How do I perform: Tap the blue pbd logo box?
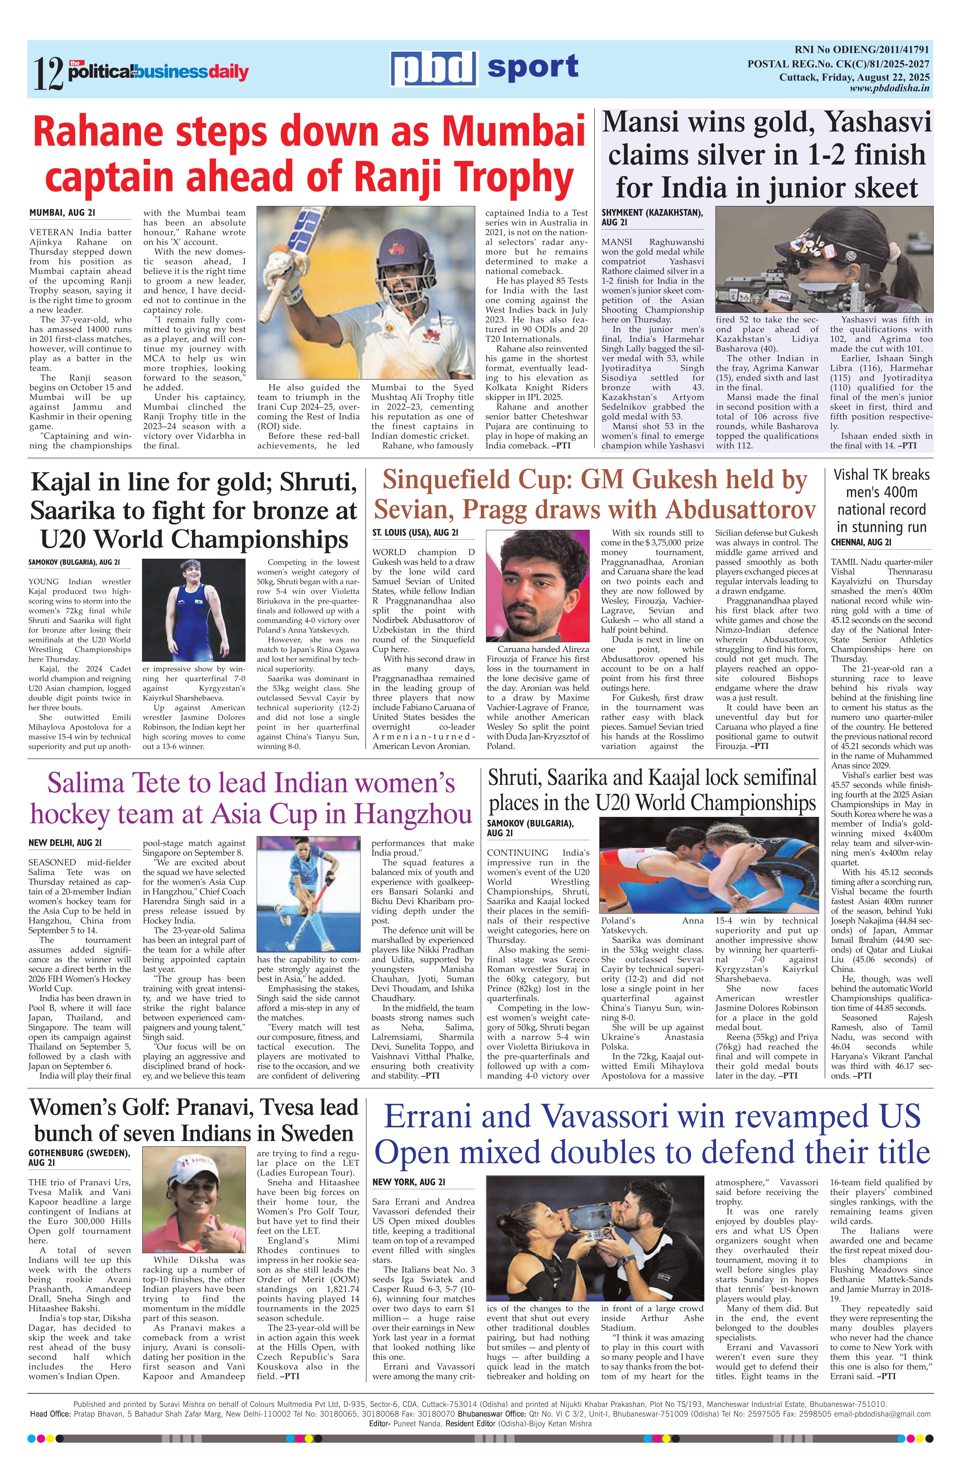434,68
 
